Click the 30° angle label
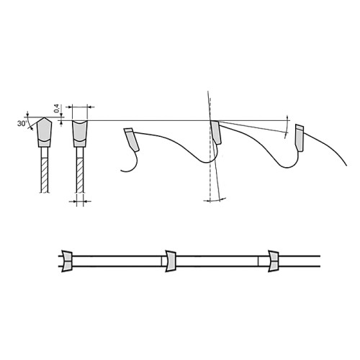tap(22, 124)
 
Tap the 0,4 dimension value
tap(57, 108)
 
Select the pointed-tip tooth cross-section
tap(44, 132)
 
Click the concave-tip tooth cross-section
tap(80, 134)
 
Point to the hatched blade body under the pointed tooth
tap(45, 175)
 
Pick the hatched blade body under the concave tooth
tap(80, 175)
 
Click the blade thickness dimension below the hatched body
tap(80, 201)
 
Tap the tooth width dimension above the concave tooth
tap(80, 107)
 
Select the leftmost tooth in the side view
tap(132, 140)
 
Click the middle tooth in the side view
tap(216, 132)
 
